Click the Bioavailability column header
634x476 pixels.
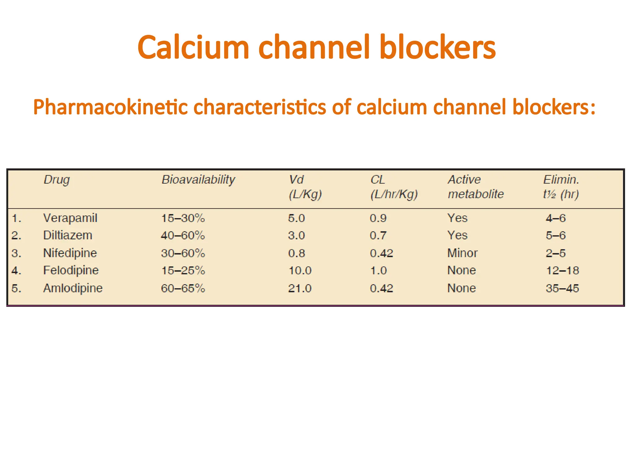coord(198,180)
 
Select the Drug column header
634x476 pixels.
coord(57,180)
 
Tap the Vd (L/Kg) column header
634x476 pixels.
coord(305,187)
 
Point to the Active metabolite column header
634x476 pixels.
coord(475,187)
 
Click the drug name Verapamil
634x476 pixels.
coord(70,218)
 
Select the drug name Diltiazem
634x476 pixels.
coord(67,236)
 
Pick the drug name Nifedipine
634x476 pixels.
coord(70,253)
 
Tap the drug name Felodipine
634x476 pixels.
coord(71,271)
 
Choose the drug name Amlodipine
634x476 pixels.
coord(73,288)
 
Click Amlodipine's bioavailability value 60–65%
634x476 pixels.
coord(183,289)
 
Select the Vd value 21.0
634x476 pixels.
coord(300,289)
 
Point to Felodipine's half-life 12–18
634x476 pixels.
coord(562,271)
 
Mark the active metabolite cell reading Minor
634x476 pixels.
coord(462,253)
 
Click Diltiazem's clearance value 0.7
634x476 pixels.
coord(378,236)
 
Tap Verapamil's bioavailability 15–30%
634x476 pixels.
coord(183,218)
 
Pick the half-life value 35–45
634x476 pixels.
coord(562,289)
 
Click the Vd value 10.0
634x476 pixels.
coord(300,271)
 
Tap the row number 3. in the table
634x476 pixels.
coord(16,253)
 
